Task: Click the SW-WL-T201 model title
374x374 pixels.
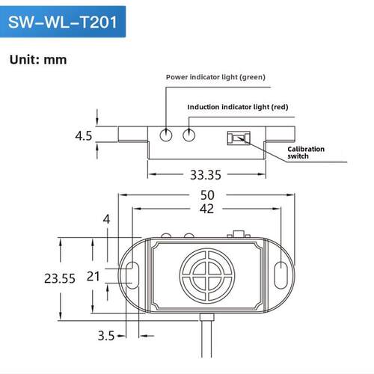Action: pos(63,22)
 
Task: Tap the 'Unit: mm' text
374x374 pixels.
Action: pos(38,60)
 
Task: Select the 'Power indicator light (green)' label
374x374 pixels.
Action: pos(215,77)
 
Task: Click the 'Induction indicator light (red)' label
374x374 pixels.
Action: pos(238,107)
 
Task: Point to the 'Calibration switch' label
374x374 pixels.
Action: pos(306,153)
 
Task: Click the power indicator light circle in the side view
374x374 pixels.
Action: pos(166,135)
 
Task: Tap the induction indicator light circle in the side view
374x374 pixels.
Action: pos(188,135)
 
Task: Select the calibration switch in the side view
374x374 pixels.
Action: pos(239,138)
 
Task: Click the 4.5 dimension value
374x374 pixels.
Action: pos(84,136)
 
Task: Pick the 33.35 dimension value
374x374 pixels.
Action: pos(206,175)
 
